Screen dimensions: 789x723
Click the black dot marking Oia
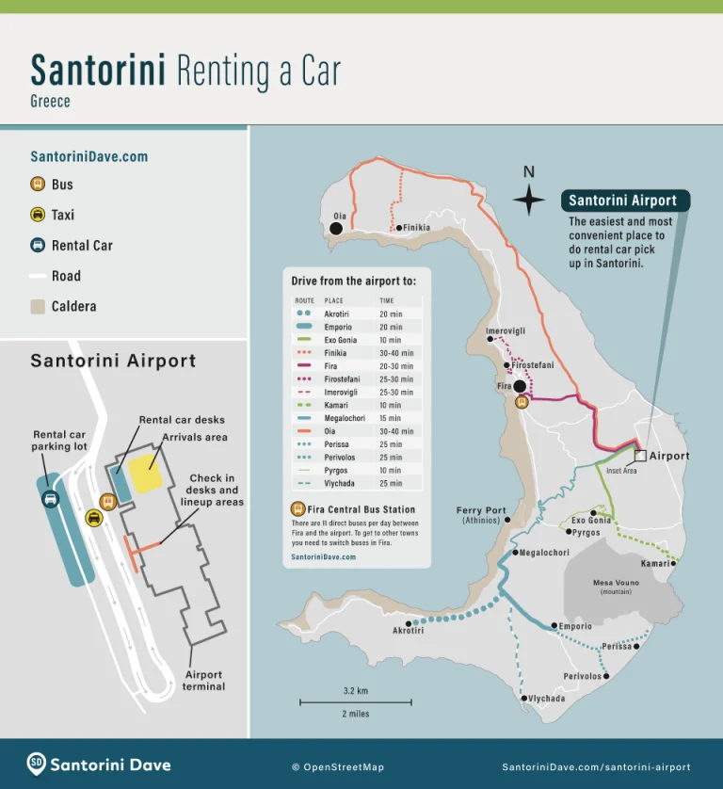pyautogui.click(x=336, y=228)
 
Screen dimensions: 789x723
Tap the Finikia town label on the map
pyautogui.click(x=416, y=228)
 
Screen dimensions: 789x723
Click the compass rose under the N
pyautogui.click(x=529, y=200)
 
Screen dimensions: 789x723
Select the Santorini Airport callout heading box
pyautogui.click(x=622, y=201)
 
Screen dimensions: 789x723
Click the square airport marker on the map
pyautogui.click(x=640, y=456)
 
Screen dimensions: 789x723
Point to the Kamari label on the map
pyautogui.click(x=654, y=563)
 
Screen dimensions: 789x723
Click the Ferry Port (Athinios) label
pyautogui.click(x=481, y=516)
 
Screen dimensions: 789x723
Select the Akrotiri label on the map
pyautogui.click(x=408, y=631)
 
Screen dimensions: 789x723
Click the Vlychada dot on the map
pyautogui.click(x=523, y=698)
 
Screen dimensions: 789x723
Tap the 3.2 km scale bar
pyautogui.click(x=356, y=701)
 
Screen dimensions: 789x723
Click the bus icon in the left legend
pyautogui.click(x=38, y=185)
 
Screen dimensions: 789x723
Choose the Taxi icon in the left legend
pyautogui.click(x=38, y=215)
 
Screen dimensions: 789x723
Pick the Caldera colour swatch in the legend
pyautogui.click(x=38, y=306)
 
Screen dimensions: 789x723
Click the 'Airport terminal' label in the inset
pyautogui.click(x=204, y=680)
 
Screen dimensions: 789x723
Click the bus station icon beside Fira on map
pyautogui.click(x=522, y=402)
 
